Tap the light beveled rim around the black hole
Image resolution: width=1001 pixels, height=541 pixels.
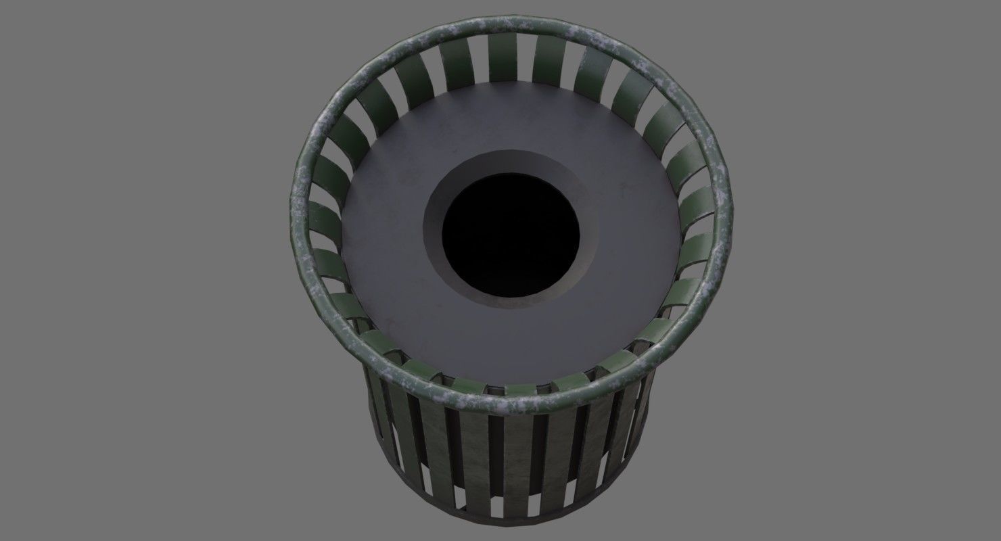pos(433,223)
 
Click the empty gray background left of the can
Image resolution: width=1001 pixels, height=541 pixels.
pos(135,270)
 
